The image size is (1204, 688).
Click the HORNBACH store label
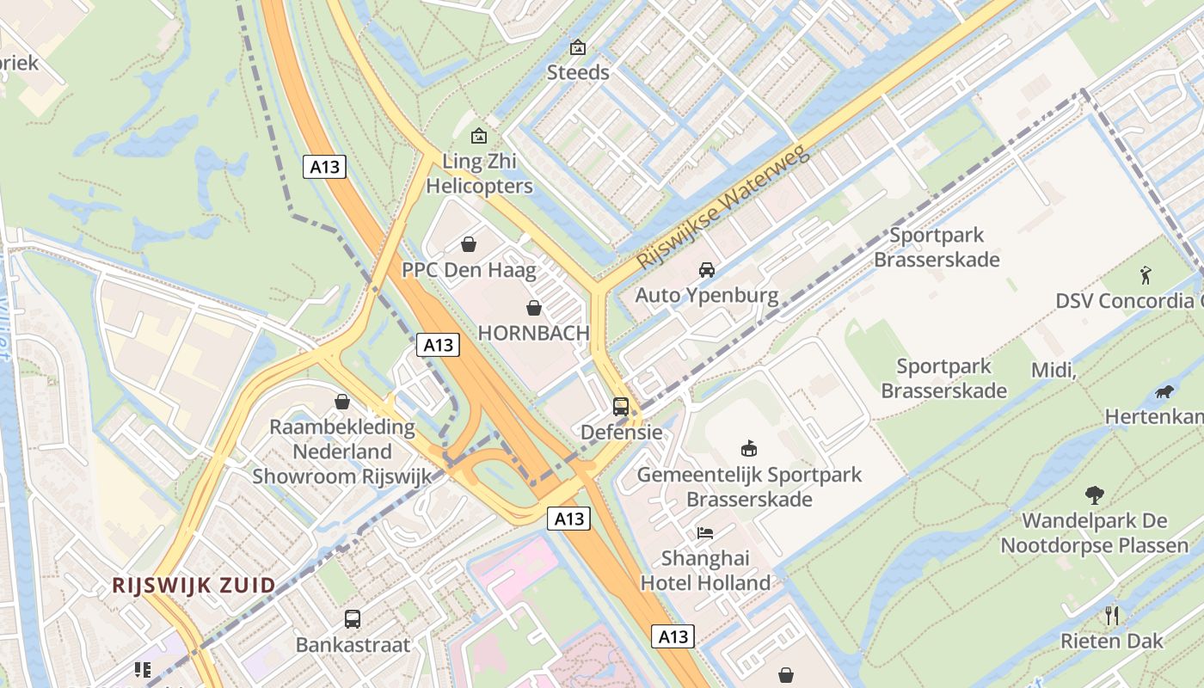pos(533,333)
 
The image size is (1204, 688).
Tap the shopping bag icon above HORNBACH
pos(534,308)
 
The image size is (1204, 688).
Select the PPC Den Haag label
pos(469,270)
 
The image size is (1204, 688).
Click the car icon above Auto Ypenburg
pos(707,270)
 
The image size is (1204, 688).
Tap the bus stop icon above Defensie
pos(621,406)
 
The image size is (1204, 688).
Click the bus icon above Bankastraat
pos(353,618)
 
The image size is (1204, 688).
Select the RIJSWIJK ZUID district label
pos(194,586)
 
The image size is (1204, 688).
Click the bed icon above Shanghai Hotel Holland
pos(705,533)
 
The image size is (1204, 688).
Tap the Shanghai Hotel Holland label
pos(705,570)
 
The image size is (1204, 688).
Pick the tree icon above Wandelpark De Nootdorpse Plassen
pos(1094,495)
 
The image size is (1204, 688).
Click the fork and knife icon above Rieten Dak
pos(1112,616)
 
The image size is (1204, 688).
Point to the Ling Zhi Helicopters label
pos(479,173)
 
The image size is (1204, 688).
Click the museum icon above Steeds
pos(578,47)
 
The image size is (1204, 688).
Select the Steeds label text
pos(578,72)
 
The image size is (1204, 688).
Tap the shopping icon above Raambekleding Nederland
pos(342,402)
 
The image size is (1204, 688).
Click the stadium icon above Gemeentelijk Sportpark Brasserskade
pos(749,448)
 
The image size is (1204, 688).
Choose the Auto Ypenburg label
pos(707,296)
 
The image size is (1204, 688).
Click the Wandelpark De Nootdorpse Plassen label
pos(1094,532)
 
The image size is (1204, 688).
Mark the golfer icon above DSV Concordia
pos(1145,275)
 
